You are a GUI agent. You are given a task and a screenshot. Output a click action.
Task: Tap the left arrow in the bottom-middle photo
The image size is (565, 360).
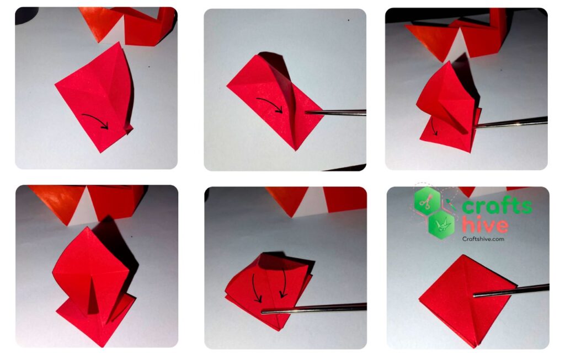coord(256,288)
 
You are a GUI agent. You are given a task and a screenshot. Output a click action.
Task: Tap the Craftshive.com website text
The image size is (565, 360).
coord(483,238)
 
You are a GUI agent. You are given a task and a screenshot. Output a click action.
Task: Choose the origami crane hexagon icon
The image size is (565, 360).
coord(441,225)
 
